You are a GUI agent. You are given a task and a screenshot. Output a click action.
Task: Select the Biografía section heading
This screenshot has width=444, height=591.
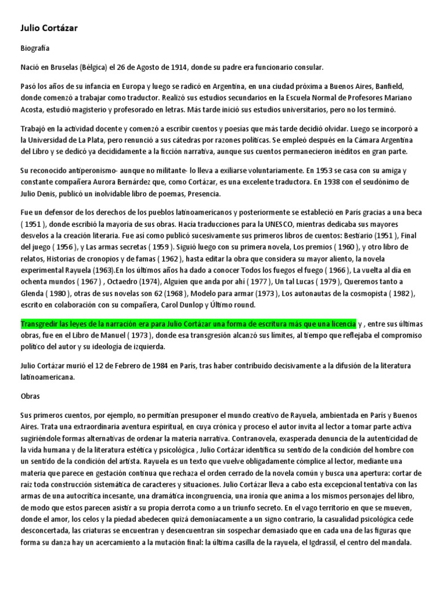36,50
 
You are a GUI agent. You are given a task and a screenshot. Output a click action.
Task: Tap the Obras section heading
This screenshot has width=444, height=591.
31,398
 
